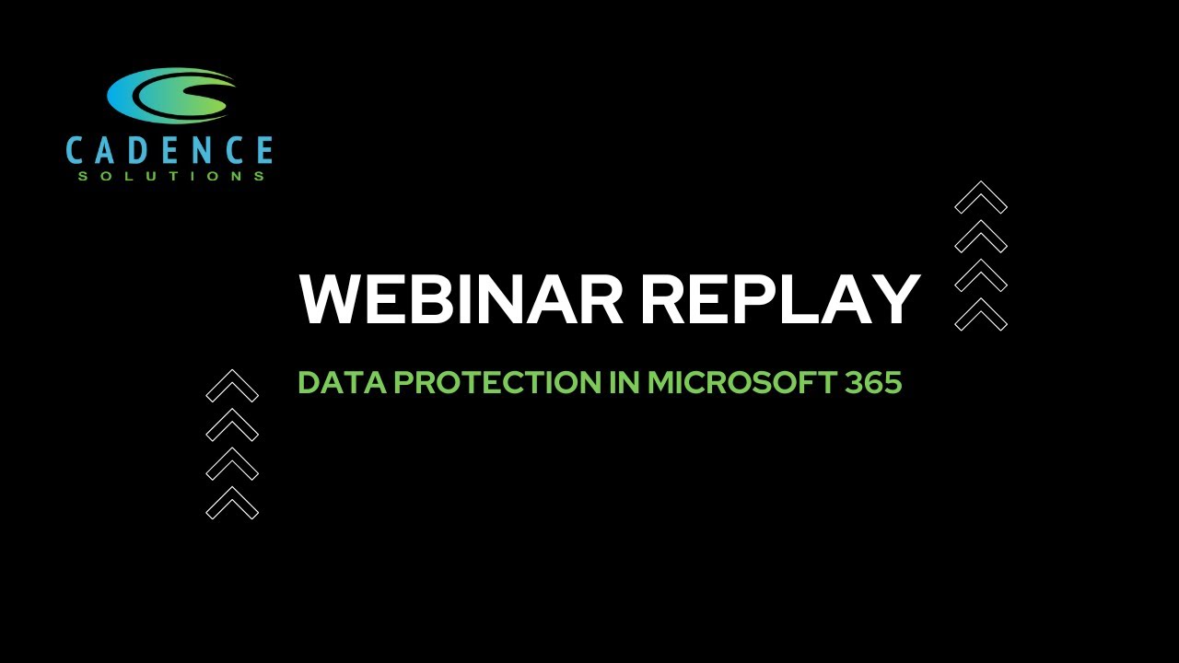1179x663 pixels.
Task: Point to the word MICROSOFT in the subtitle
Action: pyautogui.click(x=741, y=382)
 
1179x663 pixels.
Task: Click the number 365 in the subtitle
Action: pyautogui.click(x=873, y=382)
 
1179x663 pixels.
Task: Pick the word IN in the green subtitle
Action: pyautogui.click(x=626, y=382)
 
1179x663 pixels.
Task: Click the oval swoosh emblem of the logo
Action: pyautogui.click(x=171, y=95)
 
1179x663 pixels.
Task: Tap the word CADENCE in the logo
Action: pyautogui.click(x=169, y=151)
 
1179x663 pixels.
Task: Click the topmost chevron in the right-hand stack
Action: pyautogui.click(x=981, y=197)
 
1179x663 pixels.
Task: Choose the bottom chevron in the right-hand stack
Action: pyautogui.click(x=981, y=314)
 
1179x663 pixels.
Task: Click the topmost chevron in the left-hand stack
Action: pyautogui.click(x=232, y=386)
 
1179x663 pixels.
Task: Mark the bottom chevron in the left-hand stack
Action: pyautogui.click(x=232, y=503)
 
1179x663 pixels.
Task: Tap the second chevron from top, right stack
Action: pyautogui.click(x=981, y=236)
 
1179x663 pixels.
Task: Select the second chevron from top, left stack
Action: pyautogui.click(x=232, y=425)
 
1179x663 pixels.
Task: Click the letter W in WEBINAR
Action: pyautogui.click(x=330, y=298)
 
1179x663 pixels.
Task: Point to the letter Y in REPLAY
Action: pyautogui.click(x=895, y=298)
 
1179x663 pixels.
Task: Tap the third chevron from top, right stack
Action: pyautogui.click(x=981, y=275)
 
